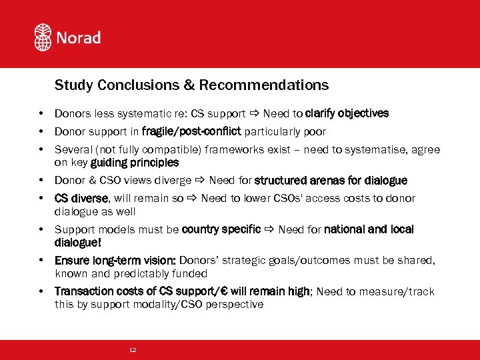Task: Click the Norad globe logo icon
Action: [43, 37]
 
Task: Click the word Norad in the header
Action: [79, 37]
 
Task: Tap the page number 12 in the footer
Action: [133, 350]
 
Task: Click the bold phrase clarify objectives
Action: [347, 113]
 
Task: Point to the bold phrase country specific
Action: [221, 229]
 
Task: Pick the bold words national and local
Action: [369, 229]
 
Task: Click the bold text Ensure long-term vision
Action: [115, 261]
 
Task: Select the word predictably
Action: [144, 273]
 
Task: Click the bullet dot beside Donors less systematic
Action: [41, 113]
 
